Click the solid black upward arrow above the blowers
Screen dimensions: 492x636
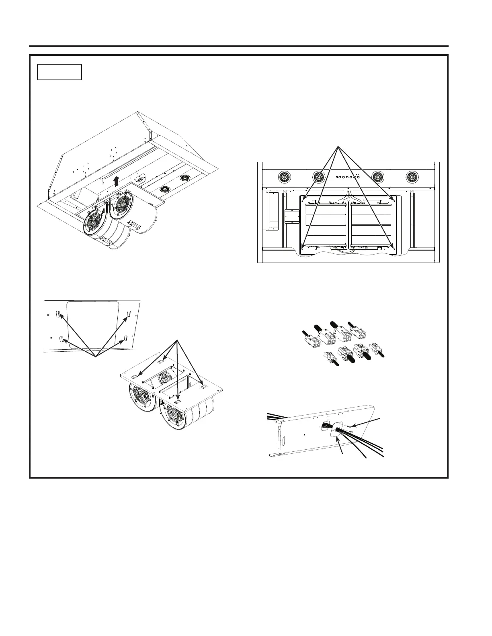[117, 181]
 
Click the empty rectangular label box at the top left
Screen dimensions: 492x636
[59, 72]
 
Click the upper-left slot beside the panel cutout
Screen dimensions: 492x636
[57, 314]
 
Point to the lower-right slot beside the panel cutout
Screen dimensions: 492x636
[125, 338]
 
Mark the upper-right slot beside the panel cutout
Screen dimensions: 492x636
[129, 313]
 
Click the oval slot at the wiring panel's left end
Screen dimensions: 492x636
[281, 440]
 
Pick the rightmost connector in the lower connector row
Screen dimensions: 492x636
[376, 348]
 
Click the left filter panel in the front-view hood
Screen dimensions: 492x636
[326, 225]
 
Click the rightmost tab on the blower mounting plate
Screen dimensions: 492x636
[204, 386]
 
